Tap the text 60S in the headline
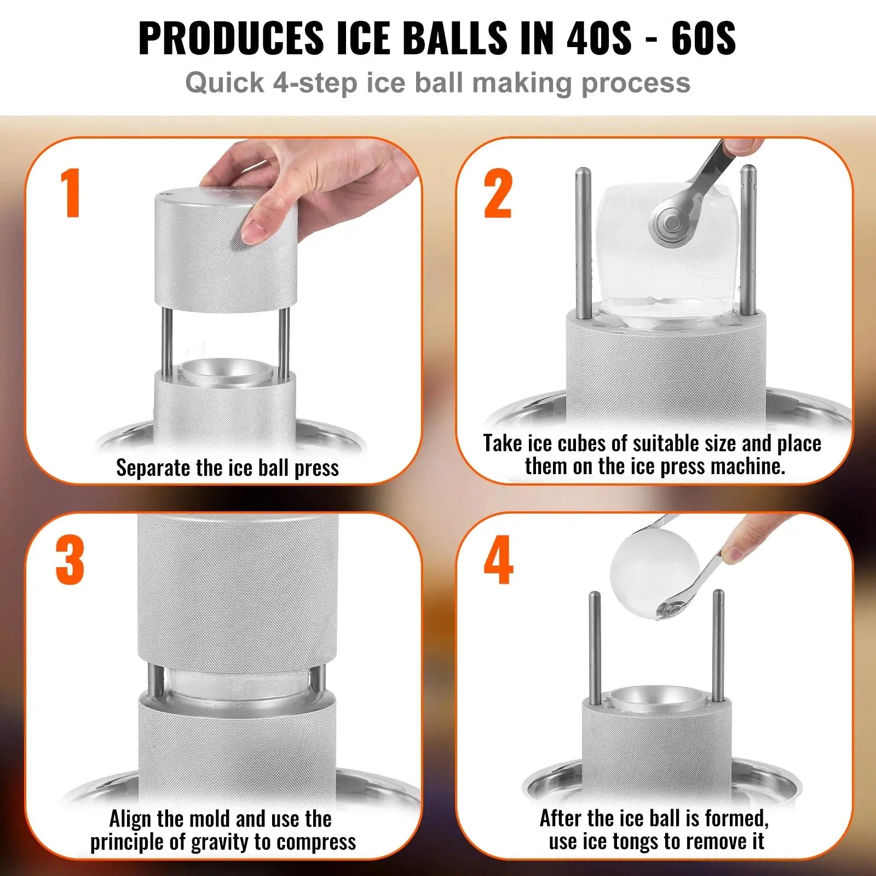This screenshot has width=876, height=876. point(703,38)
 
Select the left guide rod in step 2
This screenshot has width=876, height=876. point(583,241)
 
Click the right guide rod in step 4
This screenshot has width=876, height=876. point(718,646)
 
